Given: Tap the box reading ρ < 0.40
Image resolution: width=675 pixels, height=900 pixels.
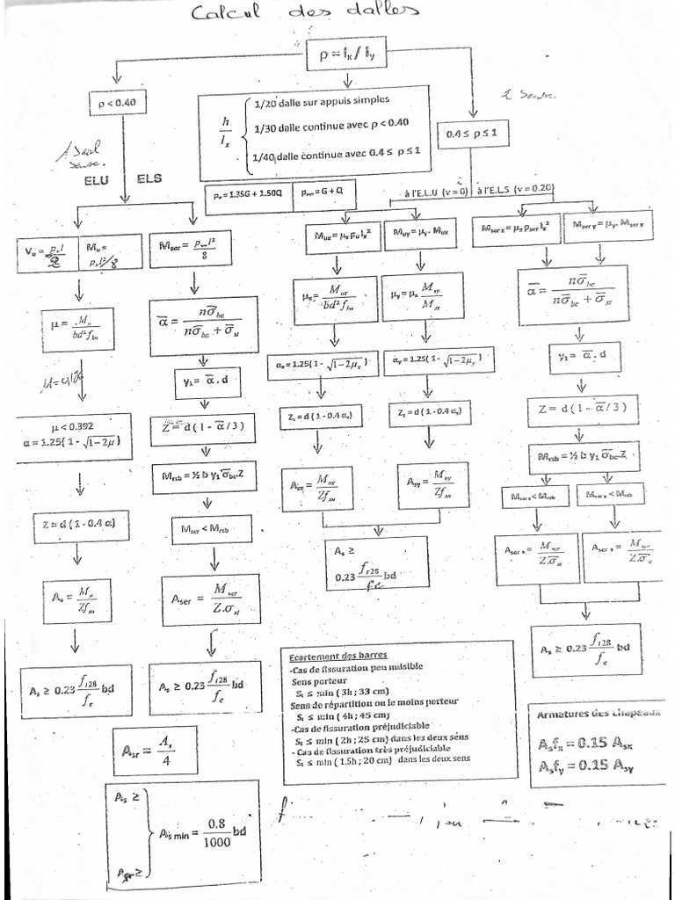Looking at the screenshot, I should click(x=118, y=105).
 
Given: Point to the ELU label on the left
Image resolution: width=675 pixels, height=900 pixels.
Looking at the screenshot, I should click(x=98, y=181).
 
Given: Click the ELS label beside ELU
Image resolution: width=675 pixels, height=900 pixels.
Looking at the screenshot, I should click(x=149, y=178).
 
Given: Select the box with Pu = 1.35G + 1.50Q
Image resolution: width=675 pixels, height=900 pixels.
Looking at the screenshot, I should click(x=249, y=193).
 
